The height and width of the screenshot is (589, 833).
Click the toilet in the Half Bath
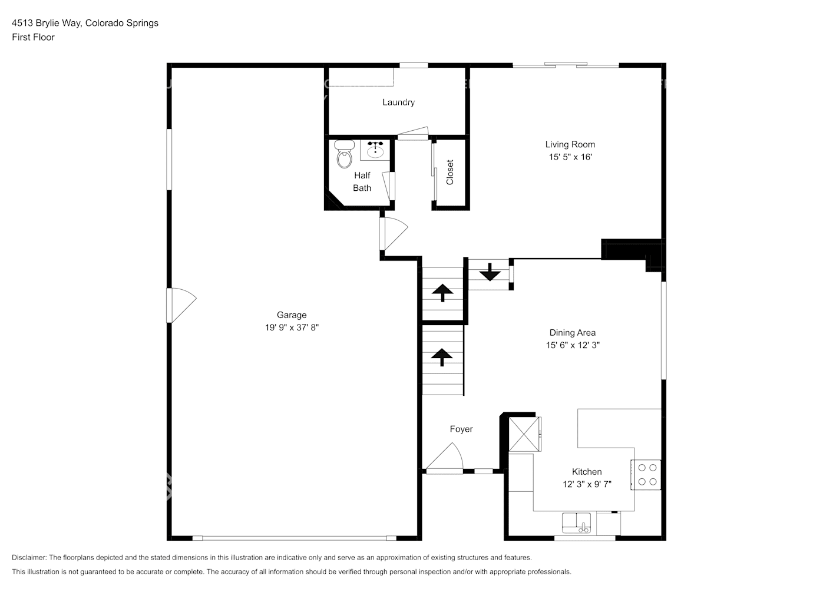point(343,155)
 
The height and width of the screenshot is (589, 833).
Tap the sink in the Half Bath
point(375,151)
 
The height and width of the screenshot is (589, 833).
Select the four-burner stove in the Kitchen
point(647,475)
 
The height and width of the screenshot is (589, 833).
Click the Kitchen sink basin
point(577,522)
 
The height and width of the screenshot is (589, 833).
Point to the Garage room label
point(292,315)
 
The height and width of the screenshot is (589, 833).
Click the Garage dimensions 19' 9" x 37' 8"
point(292,328)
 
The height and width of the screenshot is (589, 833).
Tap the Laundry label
point(398,102)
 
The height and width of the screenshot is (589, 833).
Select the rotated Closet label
point(450,173)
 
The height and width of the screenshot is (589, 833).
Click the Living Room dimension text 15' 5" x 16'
point(570,157)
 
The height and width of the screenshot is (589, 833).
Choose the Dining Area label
point(572,333)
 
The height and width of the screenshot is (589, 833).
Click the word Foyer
point(461,429)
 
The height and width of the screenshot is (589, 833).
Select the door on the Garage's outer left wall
point(181,305)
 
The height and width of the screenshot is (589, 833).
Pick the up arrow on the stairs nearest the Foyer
point(442,356)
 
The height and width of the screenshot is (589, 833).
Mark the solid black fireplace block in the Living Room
point(630,250)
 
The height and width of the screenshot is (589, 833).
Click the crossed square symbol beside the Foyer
point(524,434)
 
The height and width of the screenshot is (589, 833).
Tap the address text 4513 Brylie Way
point(47,23)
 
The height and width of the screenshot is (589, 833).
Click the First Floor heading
point(33,37)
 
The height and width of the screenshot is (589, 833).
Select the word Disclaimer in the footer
point(28,557)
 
